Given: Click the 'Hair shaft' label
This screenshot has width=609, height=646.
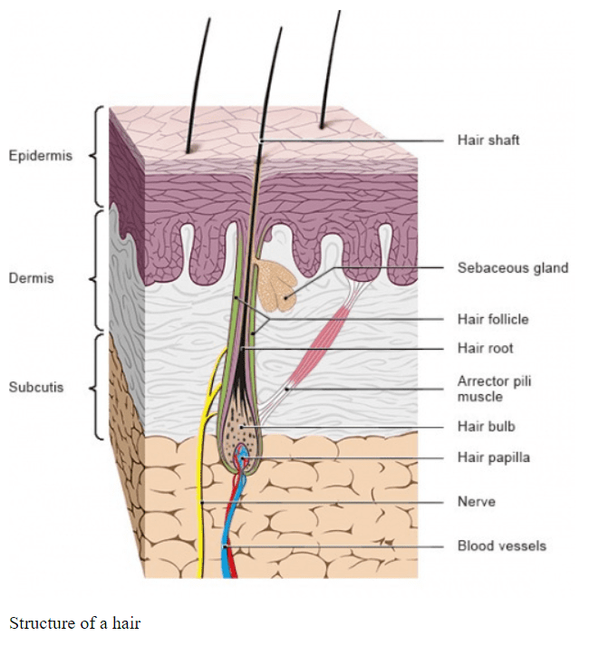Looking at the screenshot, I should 488,140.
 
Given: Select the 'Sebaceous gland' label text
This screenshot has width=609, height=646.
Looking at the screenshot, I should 512,268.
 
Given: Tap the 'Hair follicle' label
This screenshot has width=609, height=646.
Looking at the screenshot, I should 492,319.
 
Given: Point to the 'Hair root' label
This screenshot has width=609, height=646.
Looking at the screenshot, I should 485,348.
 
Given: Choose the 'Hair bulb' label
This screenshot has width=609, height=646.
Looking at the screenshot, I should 486,426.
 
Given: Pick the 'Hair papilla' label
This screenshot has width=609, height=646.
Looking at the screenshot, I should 493,458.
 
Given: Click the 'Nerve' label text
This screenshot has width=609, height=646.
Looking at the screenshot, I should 476,501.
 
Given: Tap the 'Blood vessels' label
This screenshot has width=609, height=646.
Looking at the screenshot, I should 501,545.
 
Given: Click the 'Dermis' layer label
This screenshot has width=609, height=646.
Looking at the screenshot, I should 32,278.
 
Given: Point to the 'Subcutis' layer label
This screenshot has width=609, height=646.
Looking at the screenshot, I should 36,388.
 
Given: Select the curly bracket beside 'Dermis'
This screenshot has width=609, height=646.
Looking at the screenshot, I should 98,272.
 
